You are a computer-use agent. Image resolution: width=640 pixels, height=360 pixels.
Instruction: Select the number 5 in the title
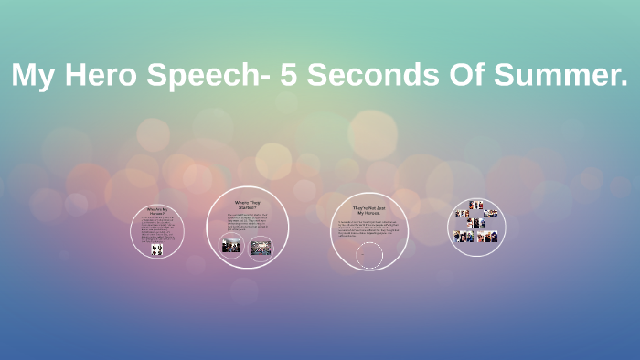(x=290, y=77)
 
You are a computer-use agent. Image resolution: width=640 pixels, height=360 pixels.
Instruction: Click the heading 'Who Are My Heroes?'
(x=157, y=211)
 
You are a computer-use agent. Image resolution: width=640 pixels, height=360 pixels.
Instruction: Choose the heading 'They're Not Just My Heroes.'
(x=369, y=209)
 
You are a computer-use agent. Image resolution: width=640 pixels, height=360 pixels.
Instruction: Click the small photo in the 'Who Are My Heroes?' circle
(x=157, y=249)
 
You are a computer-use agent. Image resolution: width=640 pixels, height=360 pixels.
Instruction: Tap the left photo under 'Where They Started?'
(x=232, y=246)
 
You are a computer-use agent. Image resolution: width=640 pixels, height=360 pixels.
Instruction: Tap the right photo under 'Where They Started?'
(x=261, y=246)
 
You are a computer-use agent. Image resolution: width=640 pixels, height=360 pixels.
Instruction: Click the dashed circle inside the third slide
(x=369, y=255)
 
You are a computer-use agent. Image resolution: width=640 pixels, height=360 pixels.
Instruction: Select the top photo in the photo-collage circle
(x=476, y=206)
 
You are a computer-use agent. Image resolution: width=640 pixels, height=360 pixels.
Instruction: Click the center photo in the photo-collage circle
(x=476, y=223)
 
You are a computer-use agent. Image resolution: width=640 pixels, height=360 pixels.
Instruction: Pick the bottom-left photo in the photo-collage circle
(x=463, y=237)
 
